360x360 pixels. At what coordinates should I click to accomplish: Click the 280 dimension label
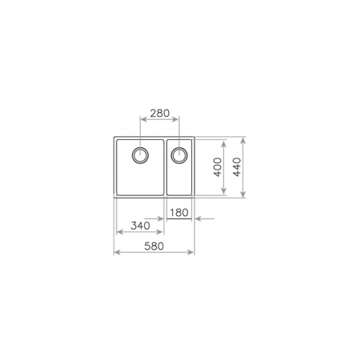click(x=160, y=114)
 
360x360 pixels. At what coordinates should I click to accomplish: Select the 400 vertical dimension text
click(x=216, y=168)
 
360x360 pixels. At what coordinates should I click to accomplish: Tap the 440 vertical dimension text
click(x=236, y=166)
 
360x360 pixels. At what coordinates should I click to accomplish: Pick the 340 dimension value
click(x=142, y=226)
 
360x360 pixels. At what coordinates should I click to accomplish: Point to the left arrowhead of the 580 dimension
click(x=118, y=253)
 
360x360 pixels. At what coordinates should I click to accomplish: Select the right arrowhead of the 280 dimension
click(x=178, y=122)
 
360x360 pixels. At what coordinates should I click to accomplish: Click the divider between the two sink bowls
click(x=166, y=168)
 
